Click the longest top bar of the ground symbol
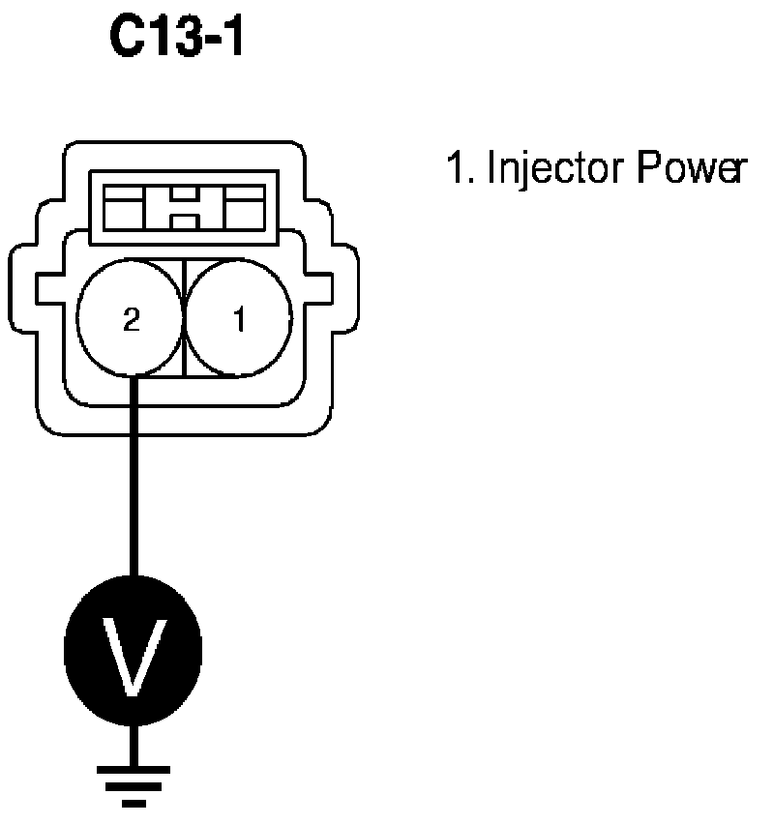pos(133,770)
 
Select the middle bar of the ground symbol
pos(133,786)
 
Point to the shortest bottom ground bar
pos(133,802)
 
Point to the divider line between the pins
pos(184,319)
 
